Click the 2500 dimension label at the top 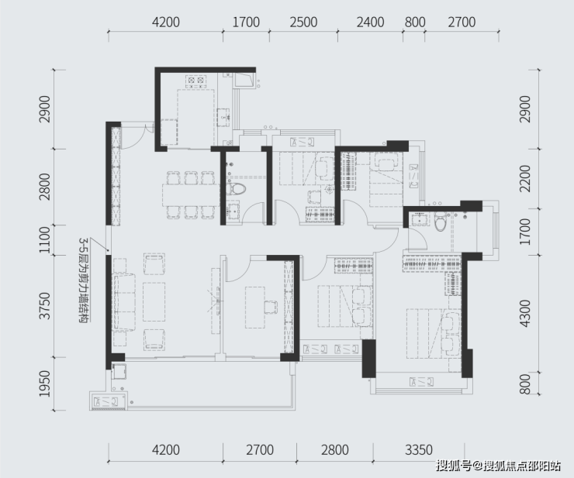[303, 22]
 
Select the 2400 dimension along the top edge [370, 22]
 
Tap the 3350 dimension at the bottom [419, 449]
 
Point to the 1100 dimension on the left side [45, 240]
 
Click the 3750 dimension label [45, 306]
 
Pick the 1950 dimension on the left [45, 383]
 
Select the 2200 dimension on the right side [524, 178]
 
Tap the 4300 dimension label [524, 314]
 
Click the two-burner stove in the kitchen [195, 81]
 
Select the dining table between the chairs [191, 194]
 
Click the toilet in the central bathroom [235, 189]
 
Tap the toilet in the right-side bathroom [440, 222]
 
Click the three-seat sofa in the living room [124, 302]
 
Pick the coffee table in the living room [154, 301]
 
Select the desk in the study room [254, 308]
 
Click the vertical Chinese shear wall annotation [85, 280]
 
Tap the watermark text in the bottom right [498, 466]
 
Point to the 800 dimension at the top [415, 22]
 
